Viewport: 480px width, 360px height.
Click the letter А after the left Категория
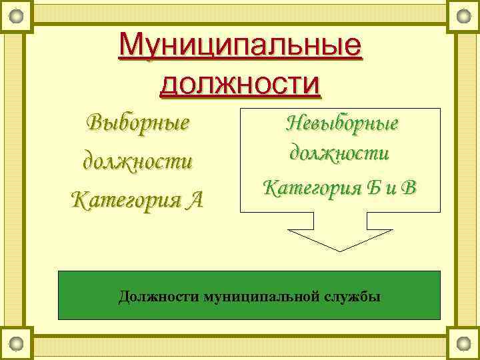coord(195,199)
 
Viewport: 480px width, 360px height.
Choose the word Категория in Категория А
coord(125,199)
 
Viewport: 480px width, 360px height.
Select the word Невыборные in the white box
coord(341,123)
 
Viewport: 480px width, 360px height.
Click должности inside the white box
coord(339,153)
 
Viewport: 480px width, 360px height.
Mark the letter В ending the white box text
coord(409,187)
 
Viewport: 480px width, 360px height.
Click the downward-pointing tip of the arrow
coord(340,250)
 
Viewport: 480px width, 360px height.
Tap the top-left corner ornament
coord(16,15)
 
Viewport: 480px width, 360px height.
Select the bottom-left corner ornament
coord(16,344)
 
